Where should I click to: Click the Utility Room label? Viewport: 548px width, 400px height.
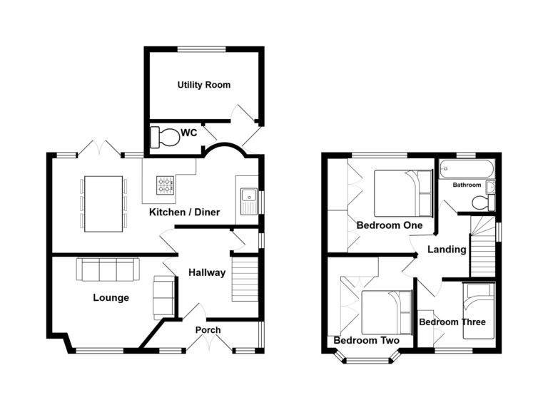coord(203,85)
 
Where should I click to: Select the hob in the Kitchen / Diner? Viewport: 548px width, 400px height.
coord(165,186)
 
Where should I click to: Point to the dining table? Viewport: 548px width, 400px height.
coord(103,203)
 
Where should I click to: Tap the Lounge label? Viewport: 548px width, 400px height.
coord(111,297)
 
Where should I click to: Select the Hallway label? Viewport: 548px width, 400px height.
coord(207,272)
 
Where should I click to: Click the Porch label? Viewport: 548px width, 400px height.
coord(208,330)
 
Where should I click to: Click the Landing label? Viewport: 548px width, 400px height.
coord(447,250)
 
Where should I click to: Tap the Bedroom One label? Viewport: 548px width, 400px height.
coord(390,225)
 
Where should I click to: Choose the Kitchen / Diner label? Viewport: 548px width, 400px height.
coord(184,212)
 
